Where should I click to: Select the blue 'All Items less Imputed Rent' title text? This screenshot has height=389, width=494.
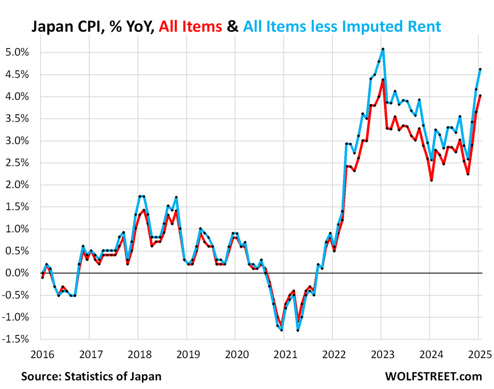[x=342, y=26]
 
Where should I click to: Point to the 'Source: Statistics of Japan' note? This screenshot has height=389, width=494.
[x=91, y=376]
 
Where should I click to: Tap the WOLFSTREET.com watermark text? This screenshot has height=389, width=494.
[x=434, y=376]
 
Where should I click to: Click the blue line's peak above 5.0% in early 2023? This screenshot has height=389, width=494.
[x=383, y=49]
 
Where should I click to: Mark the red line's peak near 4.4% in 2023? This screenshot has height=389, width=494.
[x=383, y=80]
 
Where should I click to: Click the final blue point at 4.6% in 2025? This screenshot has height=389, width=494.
[x=480, y=69]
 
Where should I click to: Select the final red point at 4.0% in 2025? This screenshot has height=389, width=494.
[x=480, y=95]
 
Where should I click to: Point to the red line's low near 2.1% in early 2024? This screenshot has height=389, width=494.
[x=431, y=180]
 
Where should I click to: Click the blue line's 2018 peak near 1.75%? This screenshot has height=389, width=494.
[x=141, y=196]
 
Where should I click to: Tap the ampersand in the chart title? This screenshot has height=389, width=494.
[x=233, y=26]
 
